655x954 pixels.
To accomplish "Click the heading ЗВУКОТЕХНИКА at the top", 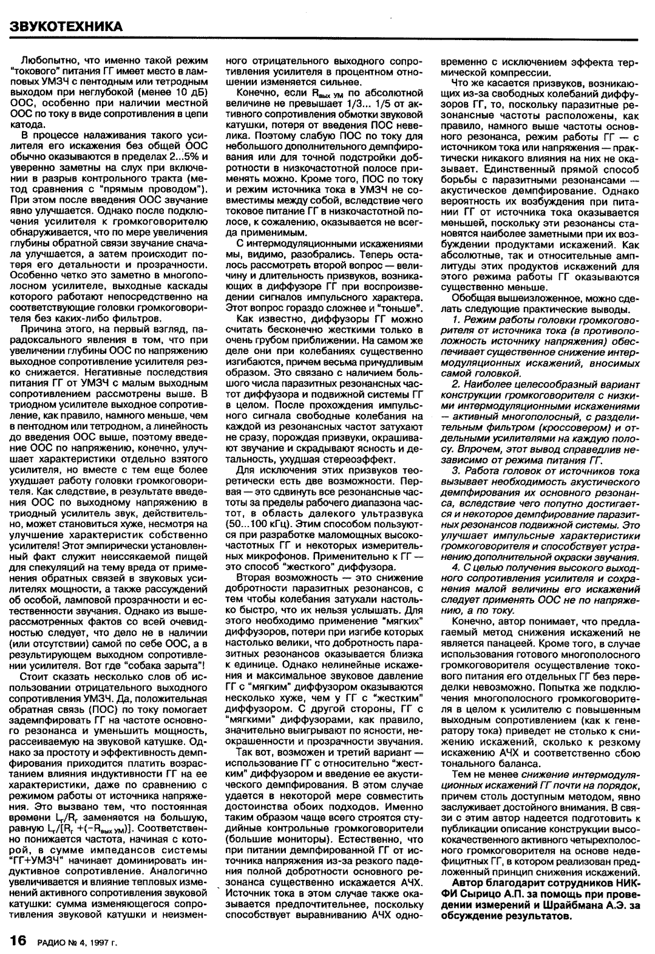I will pos(66,26).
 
